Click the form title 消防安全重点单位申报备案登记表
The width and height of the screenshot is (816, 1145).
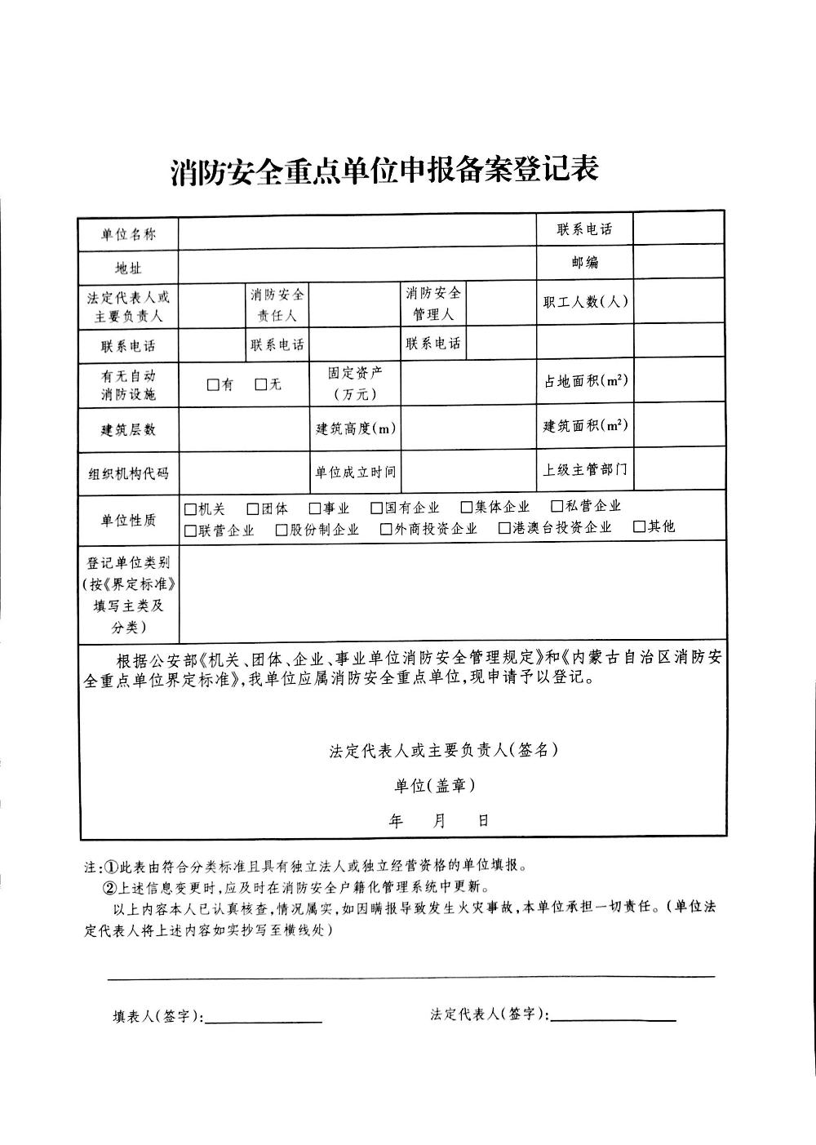click(385, 170)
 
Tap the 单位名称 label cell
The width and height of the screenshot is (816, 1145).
click(128, 235)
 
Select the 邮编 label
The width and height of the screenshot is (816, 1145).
click(584, 263)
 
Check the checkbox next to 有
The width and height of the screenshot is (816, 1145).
click(213, 384)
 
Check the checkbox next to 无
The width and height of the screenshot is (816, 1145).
click(261, 384)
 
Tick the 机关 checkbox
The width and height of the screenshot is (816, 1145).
click(190, 508)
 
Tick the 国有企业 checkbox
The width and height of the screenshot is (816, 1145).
click(377, 508)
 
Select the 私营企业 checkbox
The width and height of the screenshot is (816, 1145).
click(557, 507)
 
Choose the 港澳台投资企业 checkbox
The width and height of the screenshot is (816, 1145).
click(505, 528)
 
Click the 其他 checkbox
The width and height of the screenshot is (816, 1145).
click(640, 526)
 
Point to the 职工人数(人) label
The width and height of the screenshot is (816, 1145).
click(585, 302)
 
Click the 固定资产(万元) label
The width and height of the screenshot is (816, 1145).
click(354, 383)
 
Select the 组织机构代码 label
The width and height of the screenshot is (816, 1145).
click(128, 474)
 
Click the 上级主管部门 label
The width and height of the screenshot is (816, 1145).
click(585, 470)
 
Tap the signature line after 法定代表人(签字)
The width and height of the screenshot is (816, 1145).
click(614, 1020)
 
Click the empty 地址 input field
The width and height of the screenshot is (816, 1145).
click(357, 264)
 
